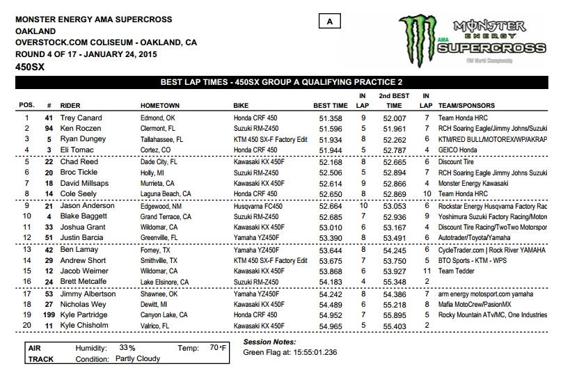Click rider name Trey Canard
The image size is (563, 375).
click(x=79, y=119)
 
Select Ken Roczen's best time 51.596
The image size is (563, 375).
click(x=326, y=129)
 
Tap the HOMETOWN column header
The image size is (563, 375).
click(x=160, y=105)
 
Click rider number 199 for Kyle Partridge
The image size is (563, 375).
click(x=48, y=315)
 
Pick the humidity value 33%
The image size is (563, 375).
click(x=127, y=347)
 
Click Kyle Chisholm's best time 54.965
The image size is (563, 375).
click(x=326, y=326)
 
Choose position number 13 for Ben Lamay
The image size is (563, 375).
click(x=26, y=249)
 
